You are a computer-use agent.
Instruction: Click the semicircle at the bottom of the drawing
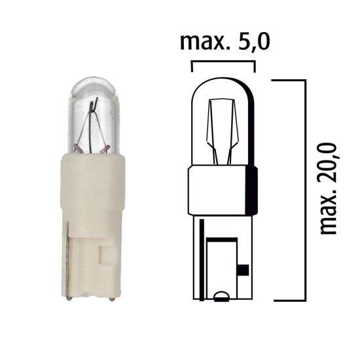coord(222,295)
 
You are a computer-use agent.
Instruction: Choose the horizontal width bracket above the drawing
coord(223,63)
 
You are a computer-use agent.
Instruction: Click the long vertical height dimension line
coord(305,190)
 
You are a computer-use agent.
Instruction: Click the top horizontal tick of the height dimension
coord(289,81)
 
